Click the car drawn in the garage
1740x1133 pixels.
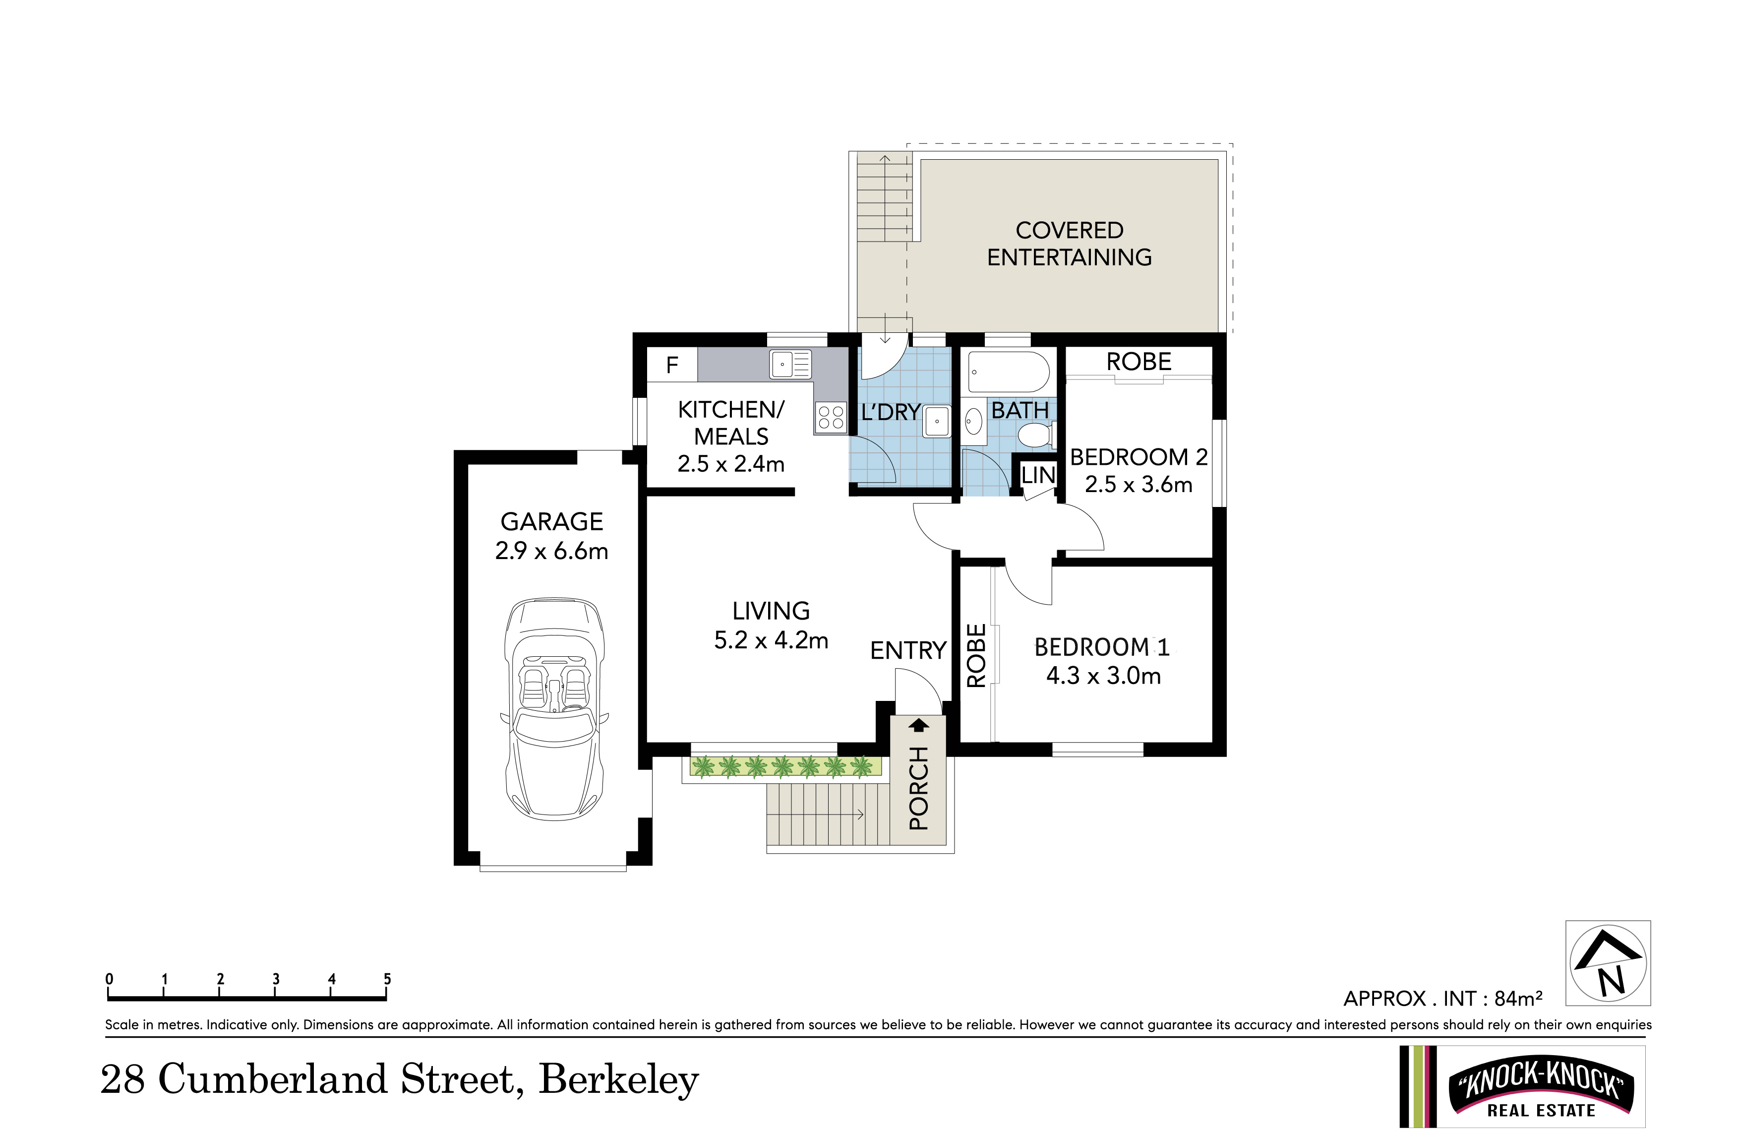554,708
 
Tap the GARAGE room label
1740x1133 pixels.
552,521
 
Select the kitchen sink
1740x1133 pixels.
790,364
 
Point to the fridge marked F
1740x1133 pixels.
672,364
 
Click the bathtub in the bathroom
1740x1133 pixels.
1008,373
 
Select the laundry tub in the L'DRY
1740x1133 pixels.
937,421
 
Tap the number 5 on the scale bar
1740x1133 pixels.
387,979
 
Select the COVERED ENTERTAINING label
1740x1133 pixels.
1070,244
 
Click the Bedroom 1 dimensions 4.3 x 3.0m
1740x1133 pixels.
1103,675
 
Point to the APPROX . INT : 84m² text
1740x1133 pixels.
1443,999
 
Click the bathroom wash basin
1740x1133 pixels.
974,421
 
